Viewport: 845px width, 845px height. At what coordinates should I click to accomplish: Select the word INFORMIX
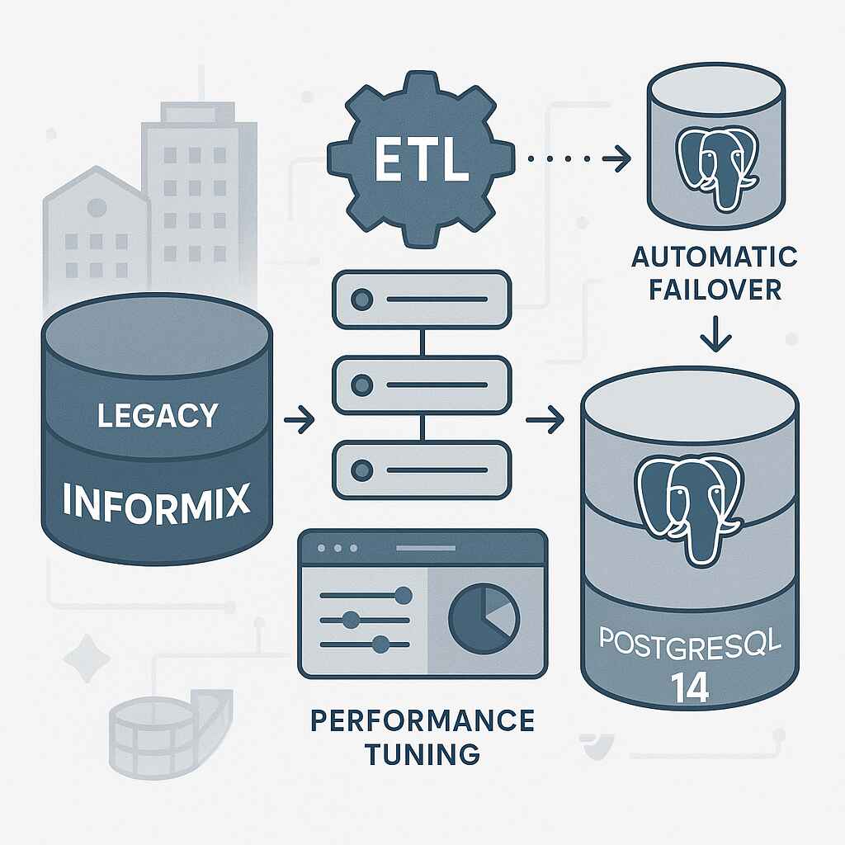(x=157, y=501)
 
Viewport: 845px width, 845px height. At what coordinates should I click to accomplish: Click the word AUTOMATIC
(x=714, y=257)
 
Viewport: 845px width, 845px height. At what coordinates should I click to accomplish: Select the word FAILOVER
(x=714, y=291)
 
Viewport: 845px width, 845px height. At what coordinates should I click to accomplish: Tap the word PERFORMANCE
(x=422, y=720)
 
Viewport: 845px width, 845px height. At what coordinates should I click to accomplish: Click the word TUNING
(x=422, y=753)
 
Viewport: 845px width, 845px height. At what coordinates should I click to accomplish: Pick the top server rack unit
(x=422, y=300)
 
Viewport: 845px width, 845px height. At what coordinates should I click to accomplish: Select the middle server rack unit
(x=422, y=385)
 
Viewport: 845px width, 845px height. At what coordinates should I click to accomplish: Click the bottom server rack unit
(x=422, y=470)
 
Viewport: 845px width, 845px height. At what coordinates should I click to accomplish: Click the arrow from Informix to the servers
(x=299, y=422)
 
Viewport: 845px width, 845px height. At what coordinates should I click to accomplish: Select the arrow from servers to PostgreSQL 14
(x=545, y=422)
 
